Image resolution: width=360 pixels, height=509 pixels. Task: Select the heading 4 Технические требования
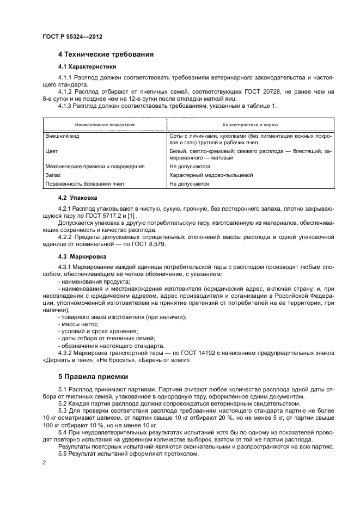tap(106, 54)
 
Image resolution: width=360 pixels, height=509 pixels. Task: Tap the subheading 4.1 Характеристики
tap(87, 68)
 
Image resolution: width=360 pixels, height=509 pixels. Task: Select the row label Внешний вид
tap(62, 136)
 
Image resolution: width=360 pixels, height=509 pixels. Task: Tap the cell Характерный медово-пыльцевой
tap(211, 175)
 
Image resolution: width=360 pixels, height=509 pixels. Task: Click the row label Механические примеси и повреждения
tap(87, 166)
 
